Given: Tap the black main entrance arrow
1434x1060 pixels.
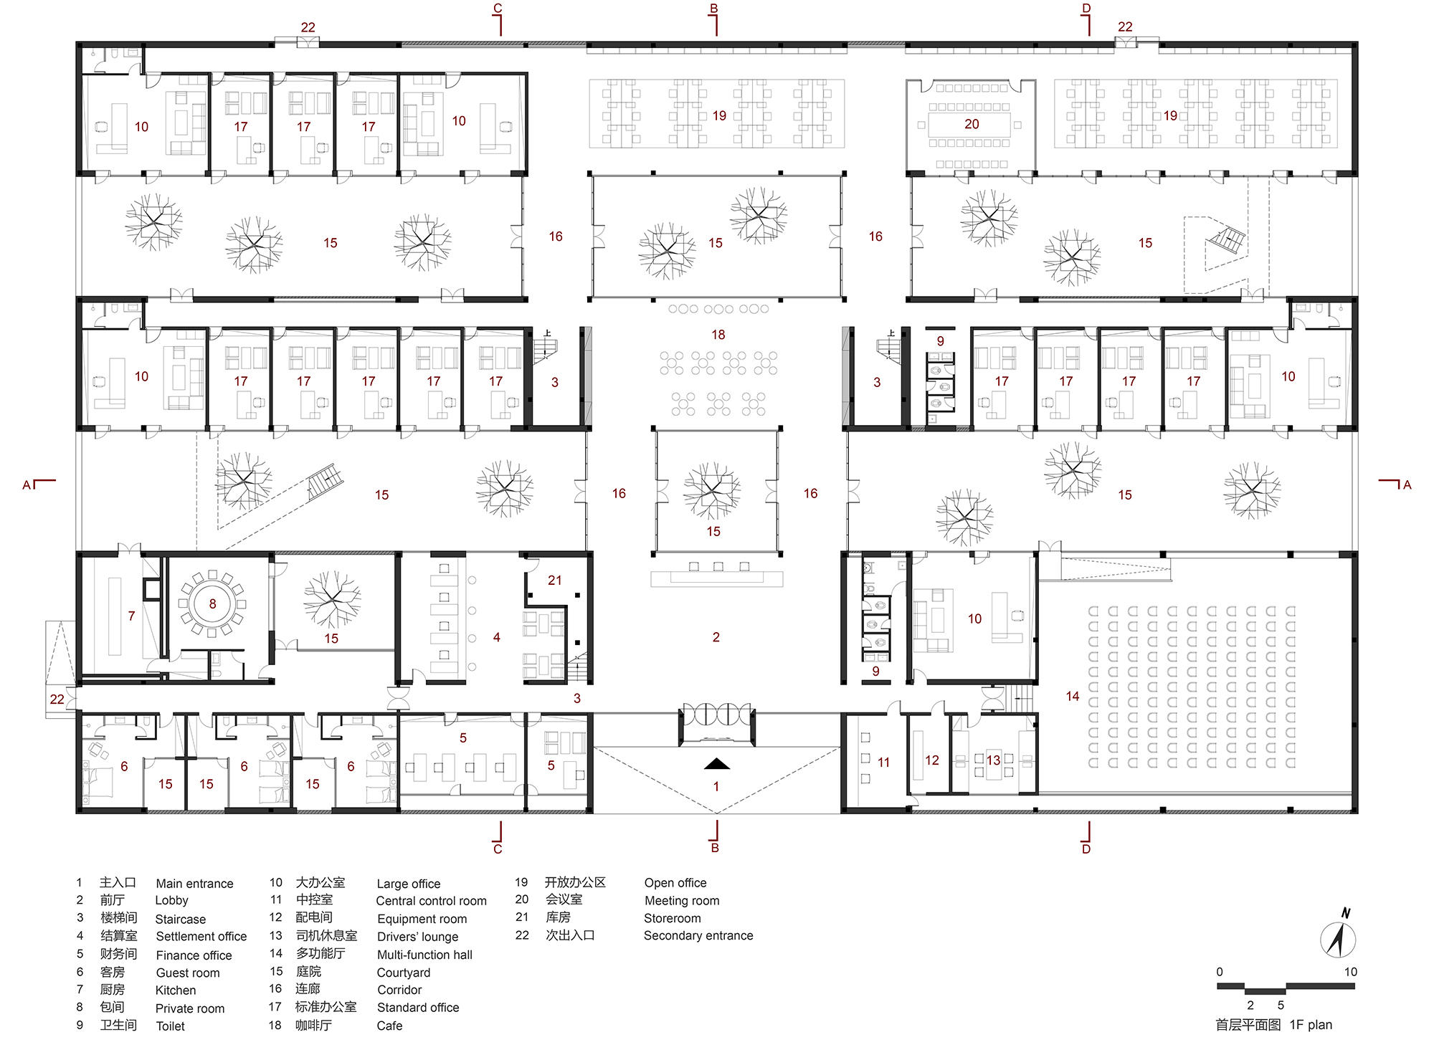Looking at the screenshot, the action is (716, 763).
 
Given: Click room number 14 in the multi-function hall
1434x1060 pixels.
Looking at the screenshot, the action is (1072, 696).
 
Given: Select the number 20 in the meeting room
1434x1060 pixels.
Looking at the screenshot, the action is (972, 124).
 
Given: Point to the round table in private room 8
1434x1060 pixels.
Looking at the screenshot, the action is (212, 603).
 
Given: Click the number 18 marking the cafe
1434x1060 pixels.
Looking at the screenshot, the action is (718, 335).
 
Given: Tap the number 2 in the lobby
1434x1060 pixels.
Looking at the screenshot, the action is (716, 637).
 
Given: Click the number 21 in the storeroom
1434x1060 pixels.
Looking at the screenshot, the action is (555, 581).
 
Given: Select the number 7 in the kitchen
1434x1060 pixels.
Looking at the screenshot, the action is (131, 616).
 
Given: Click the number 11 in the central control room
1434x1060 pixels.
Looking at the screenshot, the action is (883, 763).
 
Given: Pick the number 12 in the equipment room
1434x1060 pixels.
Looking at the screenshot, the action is (931, 760).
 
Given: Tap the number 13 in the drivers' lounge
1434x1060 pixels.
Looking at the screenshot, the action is (993, 760).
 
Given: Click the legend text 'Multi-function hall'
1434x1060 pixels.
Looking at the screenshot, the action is (424, 955).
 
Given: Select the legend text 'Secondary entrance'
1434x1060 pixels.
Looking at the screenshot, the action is (698, 935).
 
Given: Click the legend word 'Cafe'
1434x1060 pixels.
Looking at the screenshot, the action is (389, 1026).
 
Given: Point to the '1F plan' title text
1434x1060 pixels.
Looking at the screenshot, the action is (1311, 1025).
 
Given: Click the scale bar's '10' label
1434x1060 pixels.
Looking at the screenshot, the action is (1351, 972).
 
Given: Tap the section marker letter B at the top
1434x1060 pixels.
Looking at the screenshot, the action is (713, 9).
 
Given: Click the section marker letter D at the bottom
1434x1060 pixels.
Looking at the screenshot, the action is (1086, 849).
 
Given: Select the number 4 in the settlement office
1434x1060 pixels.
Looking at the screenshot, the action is (496, 637).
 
